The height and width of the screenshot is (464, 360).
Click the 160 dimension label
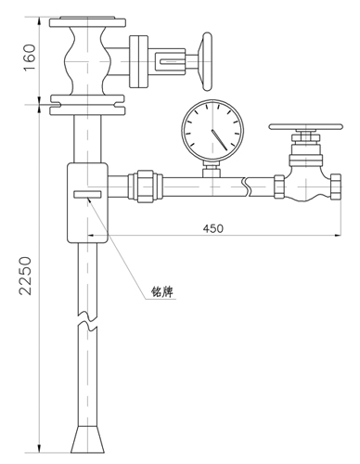(x=30, y=58)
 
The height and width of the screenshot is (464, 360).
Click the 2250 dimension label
(x=25, y=276)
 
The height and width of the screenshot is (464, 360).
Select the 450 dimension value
(x=212, y=228)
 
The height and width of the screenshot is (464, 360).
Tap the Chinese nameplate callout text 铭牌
(x=162, y=291)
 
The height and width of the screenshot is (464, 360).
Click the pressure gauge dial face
(x=212, y=131)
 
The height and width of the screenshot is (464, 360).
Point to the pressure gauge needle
(x=219, y=140)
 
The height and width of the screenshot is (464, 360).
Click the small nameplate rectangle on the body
(x=87, y=195)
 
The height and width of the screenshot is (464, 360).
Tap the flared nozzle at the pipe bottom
(x=87, y=439)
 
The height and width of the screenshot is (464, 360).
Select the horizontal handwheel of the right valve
(x=305, y=126)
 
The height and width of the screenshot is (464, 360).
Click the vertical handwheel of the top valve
(x=208, y=62)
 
